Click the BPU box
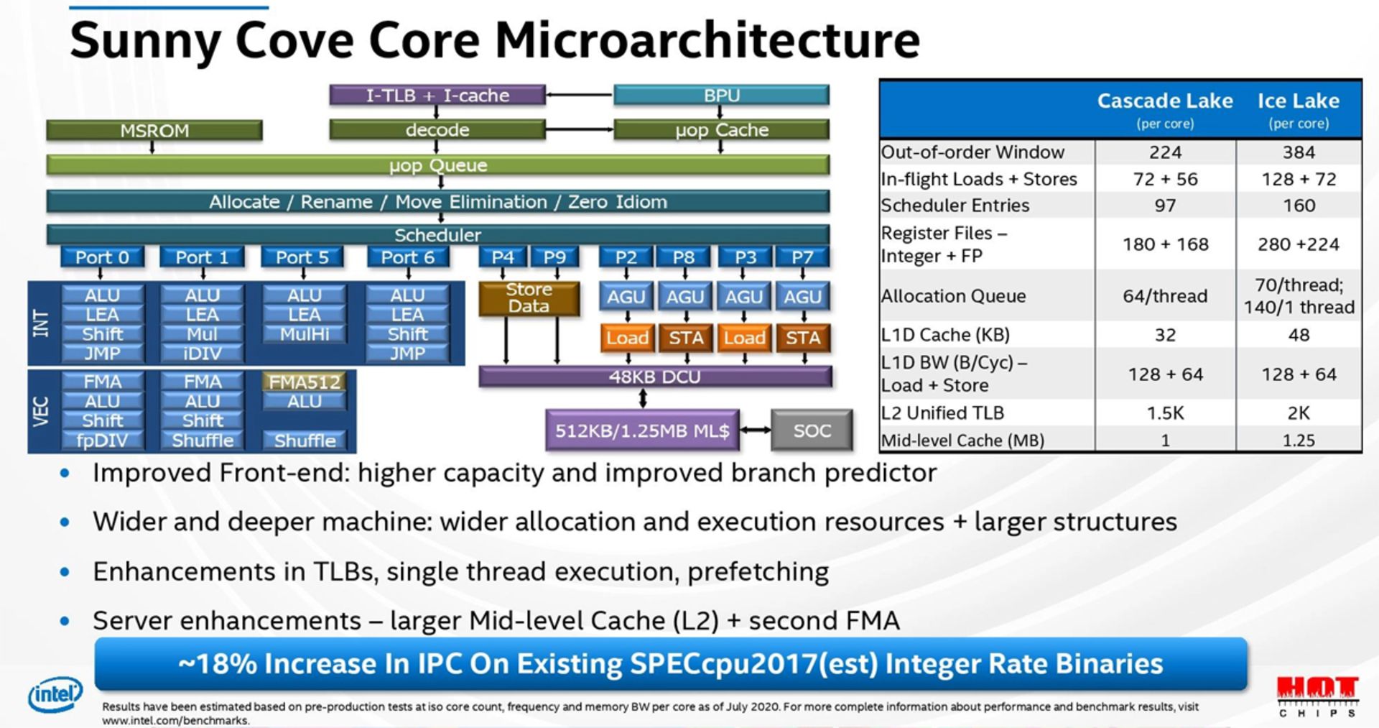(721, 95)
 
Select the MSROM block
(154, 131)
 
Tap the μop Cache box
(721, 130)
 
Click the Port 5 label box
(302, 257)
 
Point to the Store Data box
(529, 298)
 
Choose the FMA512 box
(305, 382)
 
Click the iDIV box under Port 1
(203, 354)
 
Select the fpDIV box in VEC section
(102, 441)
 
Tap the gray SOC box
(812, 430)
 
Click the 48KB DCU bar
(654, 377)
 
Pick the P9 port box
(554, 257)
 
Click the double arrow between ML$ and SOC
(755, 430)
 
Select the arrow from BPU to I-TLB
(579, 95)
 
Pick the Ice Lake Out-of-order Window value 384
(1299, 152)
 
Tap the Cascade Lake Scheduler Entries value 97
(1165, 206)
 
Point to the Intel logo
(55, 694)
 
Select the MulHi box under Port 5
(305, 334)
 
